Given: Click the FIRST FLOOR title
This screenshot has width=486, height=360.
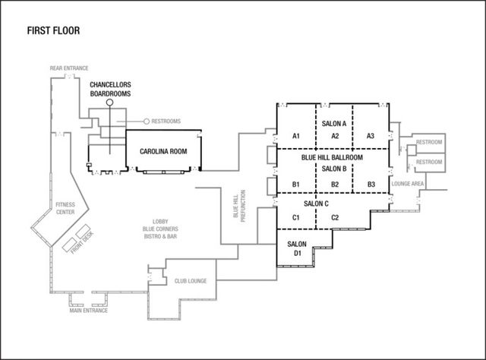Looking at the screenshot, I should (52, 31).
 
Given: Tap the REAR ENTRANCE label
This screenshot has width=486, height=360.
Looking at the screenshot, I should (68, 68).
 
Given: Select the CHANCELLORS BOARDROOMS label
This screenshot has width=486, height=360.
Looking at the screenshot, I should (110, 89).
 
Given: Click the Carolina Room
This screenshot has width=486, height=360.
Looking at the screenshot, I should (163, 152).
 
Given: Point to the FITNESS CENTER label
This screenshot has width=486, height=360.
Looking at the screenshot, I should (65, 208).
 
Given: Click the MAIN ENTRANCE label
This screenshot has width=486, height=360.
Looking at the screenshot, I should (89, 310).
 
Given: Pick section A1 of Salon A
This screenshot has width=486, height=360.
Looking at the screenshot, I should (296, 135).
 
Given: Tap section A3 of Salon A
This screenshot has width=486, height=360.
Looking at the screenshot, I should (371, 135).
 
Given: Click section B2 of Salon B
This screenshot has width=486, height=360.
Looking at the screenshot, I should (334, 185).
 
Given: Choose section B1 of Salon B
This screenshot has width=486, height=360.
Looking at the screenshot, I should (296, 185).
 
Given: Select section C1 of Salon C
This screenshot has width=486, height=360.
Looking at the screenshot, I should (296, 218).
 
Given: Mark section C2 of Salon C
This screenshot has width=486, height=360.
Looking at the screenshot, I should (334, 218).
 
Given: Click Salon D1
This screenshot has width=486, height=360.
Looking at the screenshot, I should (297, 248).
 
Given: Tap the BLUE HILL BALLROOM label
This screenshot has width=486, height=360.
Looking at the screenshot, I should (332, 157).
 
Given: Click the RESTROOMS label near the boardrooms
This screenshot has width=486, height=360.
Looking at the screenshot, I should (166, 122).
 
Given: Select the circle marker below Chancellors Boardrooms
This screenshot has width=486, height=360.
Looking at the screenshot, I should (109, 102).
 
